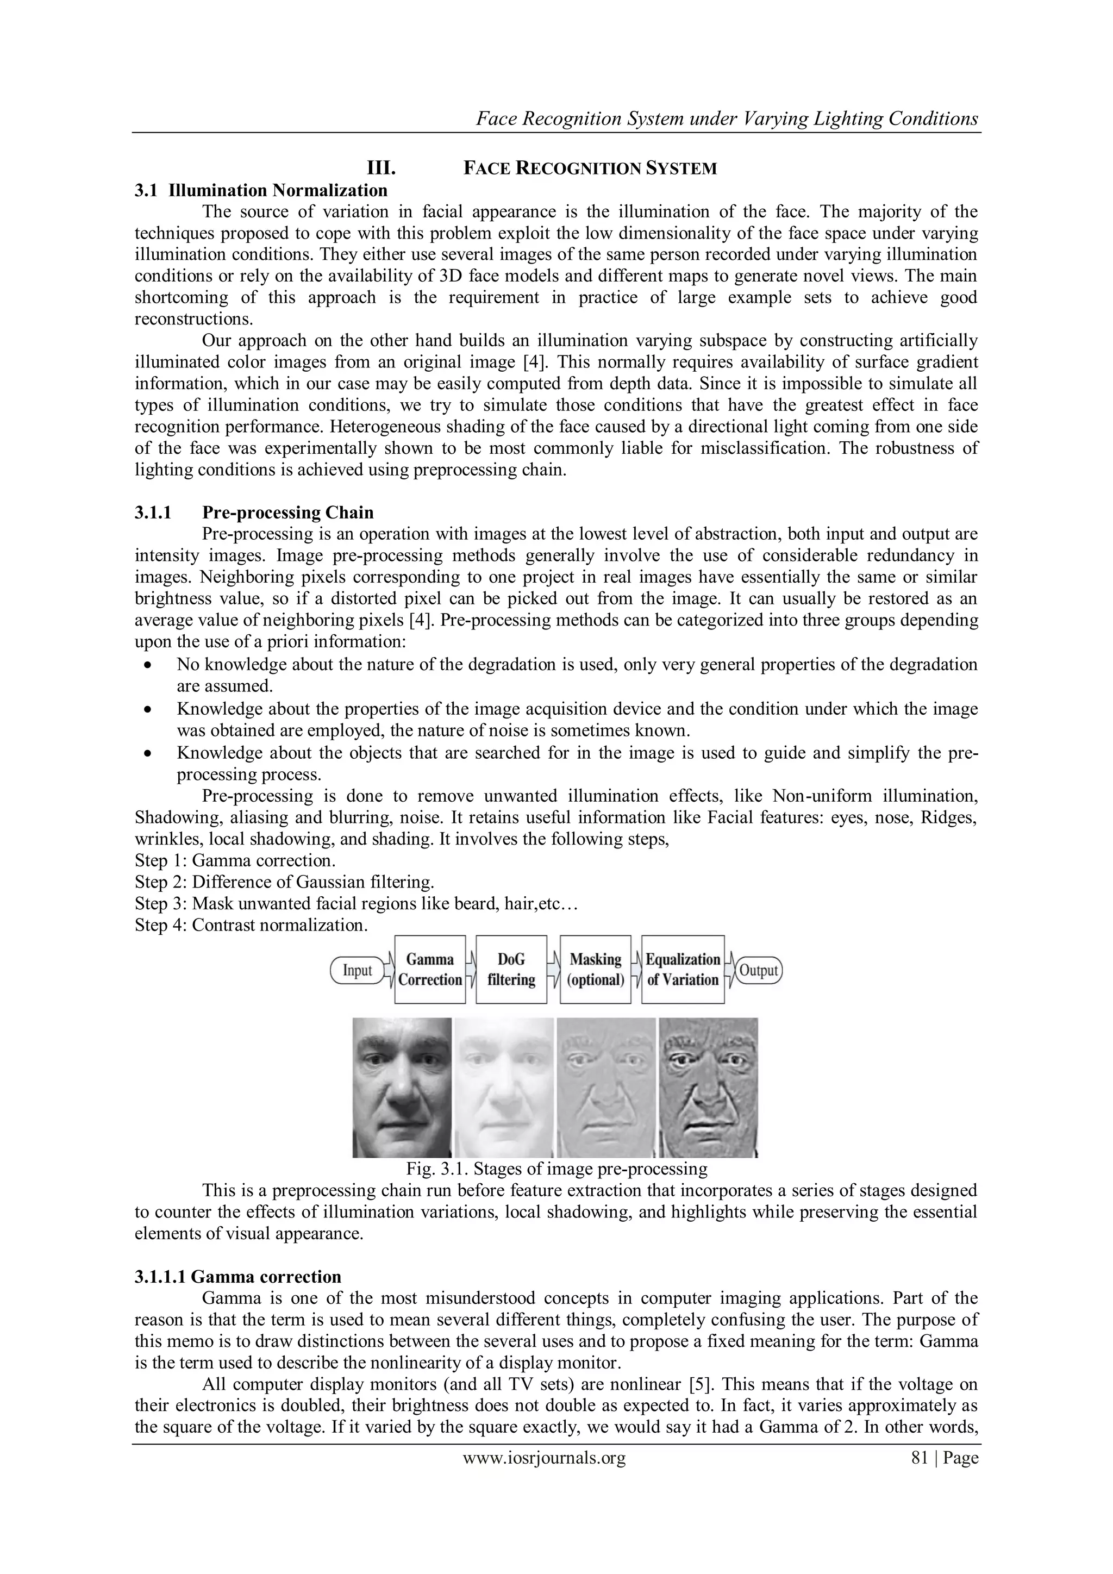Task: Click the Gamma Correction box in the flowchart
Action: tap(430, 970)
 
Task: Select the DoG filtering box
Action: tap(511, 970)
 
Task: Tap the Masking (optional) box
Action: tap(596, 970)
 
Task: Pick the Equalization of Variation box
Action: tap(683, 970)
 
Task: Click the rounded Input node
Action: tap(357, 970)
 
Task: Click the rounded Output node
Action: tap(758, 970)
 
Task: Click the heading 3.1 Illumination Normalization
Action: tap(261, 190)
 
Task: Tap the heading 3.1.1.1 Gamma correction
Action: tap(238, 1277)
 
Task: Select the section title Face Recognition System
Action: tap(590, 168)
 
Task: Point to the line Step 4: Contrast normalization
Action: tap(252, 926)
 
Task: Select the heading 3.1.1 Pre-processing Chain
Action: tap(254, 512)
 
